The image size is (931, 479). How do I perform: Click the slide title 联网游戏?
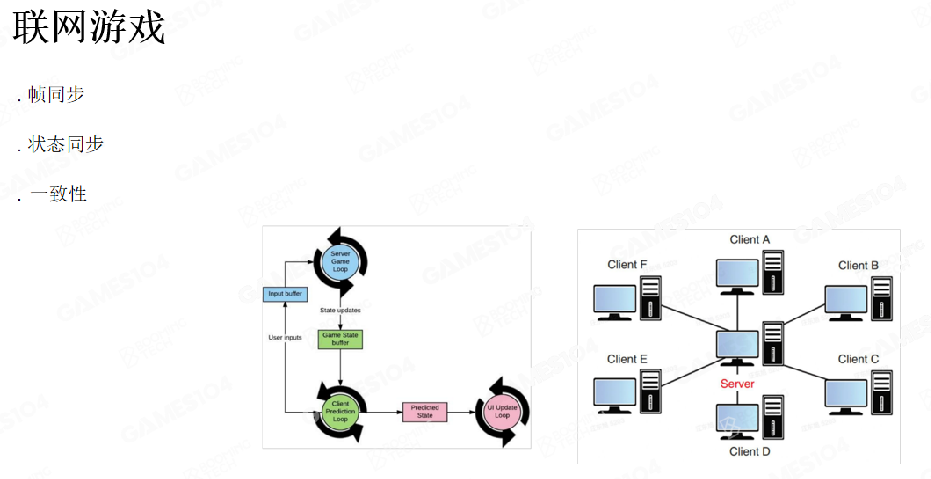pos(89,27)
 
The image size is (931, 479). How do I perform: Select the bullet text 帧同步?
pos(56,94)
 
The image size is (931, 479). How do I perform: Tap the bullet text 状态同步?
pos(65,144)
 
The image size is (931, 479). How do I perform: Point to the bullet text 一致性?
pos(58,194)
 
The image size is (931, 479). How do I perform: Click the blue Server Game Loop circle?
pos(340,262)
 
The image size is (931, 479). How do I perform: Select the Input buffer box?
pos(285,294)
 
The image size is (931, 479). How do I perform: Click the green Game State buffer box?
pos(340,339)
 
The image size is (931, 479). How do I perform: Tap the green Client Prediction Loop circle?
pos(340,412)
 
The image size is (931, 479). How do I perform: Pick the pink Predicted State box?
pos(425,412)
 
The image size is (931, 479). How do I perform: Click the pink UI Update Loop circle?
pos(502,412)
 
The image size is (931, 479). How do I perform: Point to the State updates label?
pos(340,310)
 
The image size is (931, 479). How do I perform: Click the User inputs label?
pos(285,337)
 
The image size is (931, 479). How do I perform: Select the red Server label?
pos(737,384)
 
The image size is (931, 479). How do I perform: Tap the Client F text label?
pos(627,265)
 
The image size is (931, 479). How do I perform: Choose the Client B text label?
pos(858,266)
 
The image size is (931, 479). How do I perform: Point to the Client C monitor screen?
pos(846,393)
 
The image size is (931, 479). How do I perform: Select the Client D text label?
pos(750,452)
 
